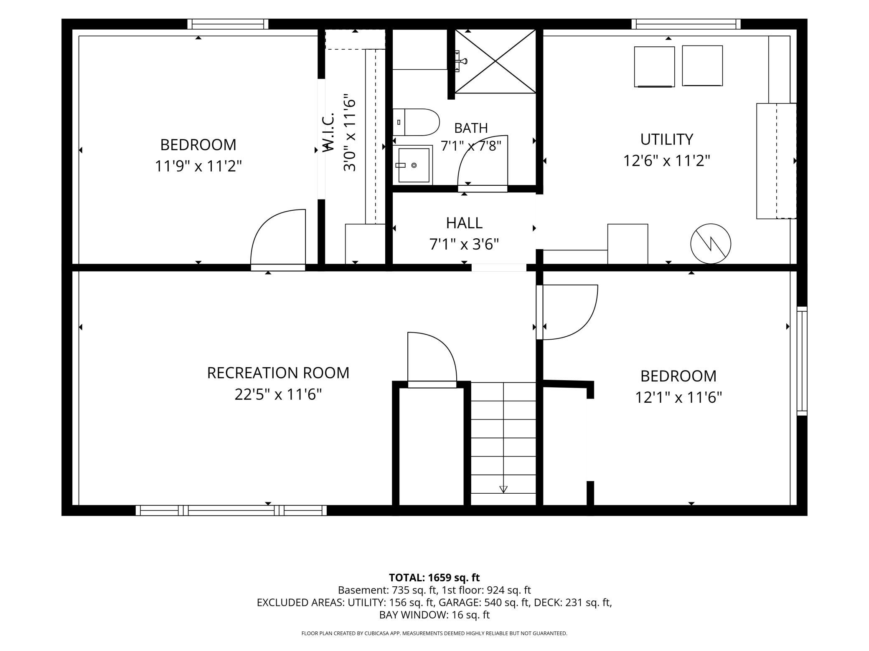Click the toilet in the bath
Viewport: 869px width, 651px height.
point(416,122)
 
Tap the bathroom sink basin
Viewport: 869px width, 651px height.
point(414,165)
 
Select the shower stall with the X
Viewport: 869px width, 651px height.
point(495,61)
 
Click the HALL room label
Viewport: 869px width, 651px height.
point(464,223)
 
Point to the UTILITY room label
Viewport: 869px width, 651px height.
point(667,139)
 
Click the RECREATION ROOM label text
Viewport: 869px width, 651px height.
point(278,373)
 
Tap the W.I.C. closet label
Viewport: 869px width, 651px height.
point(328,131)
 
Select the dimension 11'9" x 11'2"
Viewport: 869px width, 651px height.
point(198,166)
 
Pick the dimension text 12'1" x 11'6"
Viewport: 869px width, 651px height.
point(678,397)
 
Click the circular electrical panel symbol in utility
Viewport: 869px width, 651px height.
point(711,244)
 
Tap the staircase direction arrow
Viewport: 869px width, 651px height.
point(503,489)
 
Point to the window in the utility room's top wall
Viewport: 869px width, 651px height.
point(686,24)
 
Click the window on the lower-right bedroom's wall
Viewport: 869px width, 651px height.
point(802,361)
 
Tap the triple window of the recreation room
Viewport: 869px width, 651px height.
point(231,510)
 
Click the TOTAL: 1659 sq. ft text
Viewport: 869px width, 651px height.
point(434,578)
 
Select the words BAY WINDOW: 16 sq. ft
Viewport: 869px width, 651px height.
point(434,615)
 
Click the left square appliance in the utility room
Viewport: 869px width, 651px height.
point(654,67)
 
